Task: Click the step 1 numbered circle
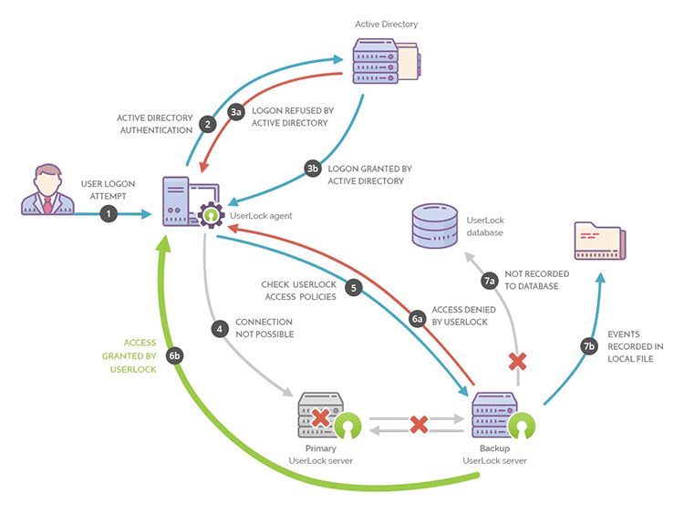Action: pos(109,214)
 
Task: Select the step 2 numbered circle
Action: pos(207,123)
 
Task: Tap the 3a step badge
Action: pos(236,112)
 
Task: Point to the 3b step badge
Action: pos(312,169)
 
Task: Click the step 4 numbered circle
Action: pos(219,328)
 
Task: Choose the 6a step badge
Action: pos(419,319)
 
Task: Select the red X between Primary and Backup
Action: pos(419,425)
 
